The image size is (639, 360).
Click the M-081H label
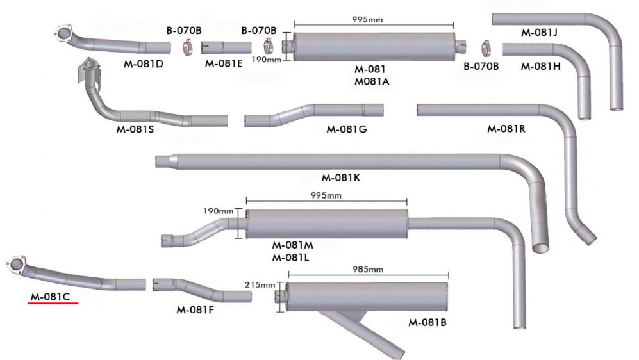pos(540,66)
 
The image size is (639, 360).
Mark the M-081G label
pos(346,129)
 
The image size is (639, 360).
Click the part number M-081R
pos(506,128)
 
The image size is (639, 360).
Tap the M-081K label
pos(340,177)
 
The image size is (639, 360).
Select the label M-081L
pos(292,258)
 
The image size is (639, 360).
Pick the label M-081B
pos(427,322)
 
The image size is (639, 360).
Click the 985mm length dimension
pos(368,269)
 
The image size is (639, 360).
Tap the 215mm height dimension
pos(260,285)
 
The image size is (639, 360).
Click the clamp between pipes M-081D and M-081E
pos(187,47)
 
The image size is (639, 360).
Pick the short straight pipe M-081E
pos(226,47)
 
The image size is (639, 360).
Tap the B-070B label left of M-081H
pos(476,65)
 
